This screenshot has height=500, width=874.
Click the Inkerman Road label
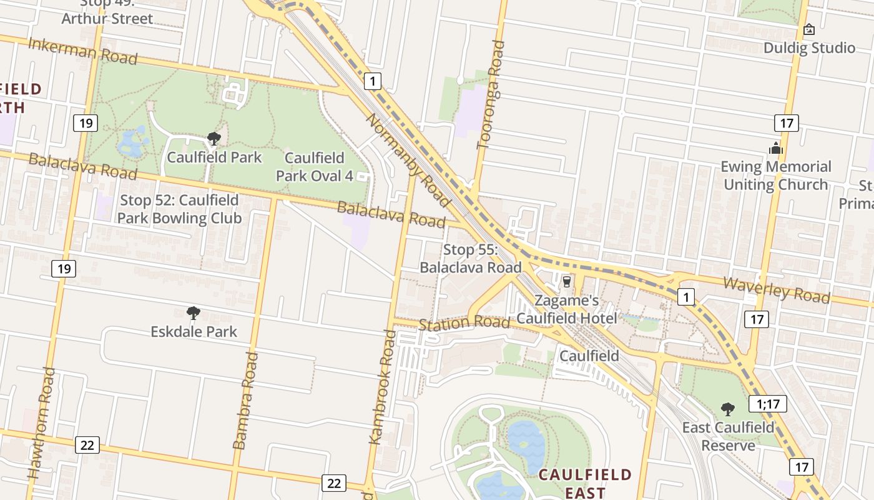pyautogui.click(x=83, y=51)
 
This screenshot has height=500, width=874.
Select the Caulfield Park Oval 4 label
pyautogui.click(x=314, y=167)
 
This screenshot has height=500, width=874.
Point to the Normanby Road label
pyautogui.click(x=408, y=160)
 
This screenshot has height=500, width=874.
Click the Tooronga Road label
pyautogui.click(x=490, y=95)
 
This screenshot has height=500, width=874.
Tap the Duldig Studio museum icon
pyautogui.click(x=809, y=29)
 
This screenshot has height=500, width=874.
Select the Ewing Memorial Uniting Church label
pyautogui.click(x=775, y=176)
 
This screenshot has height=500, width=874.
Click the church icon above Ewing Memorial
pyautogui.click(x=776, y=148)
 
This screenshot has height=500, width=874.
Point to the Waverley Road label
pyautogui.click(x=777, y=289)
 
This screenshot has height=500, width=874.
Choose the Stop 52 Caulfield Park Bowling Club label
pyautogui.click(x=179, y=209)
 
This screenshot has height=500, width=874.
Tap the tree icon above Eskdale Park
pyautogui.click(x=194, y=312)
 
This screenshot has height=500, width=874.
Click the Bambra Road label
pyautogui.click(x=245, y=401)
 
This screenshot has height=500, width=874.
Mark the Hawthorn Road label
pyautogui.click(x=41, y=423)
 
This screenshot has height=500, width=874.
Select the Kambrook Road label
pyautogui.click(x=383, y=387)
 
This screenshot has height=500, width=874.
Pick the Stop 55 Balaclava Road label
pyautogui.click(x=470, y=259)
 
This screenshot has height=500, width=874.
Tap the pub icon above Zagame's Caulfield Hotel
pyautogui.click(x=567, y=282)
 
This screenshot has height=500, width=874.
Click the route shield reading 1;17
pyautogui.click(x=767, y=404)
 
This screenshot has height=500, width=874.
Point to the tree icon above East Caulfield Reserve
pyautogui.click(x=727, y=409)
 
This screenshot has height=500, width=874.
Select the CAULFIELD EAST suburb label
pyautogui.click(x=585, y=483)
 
